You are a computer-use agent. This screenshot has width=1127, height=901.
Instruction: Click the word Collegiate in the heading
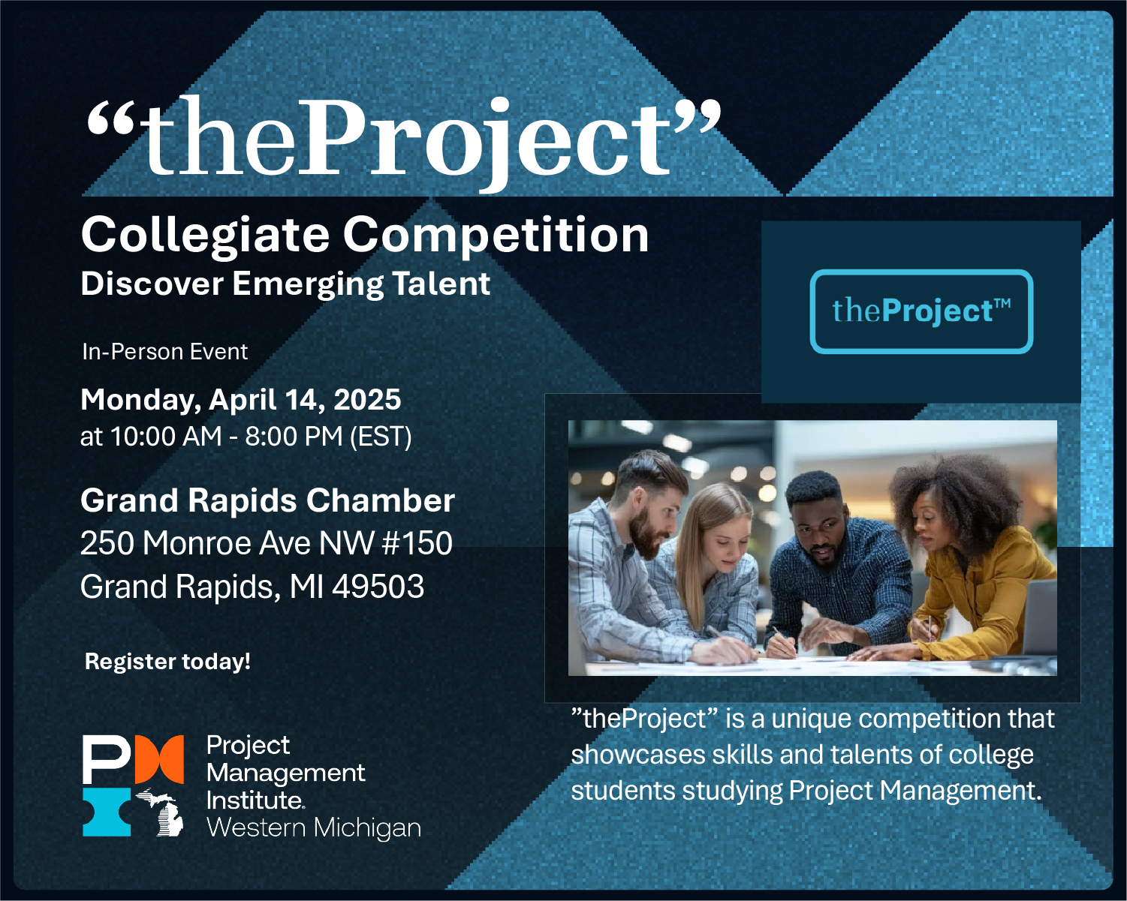[205, 236]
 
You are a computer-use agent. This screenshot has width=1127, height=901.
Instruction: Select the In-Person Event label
[164, 352]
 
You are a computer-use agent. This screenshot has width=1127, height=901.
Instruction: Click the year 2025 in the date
[367, 400]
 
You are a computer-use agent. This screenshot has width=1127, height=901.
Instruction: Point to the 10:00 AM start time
[166, 437]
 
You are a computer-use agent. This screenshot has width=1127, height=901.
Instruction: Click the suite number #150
[417, 543]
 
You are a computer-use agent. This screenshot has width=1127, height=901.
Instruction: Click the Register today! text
[167, 662]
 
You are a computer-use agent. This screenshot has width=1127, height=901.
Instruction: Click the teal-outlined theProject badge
[921, 311]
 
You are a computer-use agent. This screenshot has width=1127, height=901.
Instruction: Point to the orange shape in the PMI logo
[159, 758]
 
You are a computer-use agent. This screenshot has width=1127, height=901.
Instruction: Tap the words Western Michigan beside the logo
[313, 827]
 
